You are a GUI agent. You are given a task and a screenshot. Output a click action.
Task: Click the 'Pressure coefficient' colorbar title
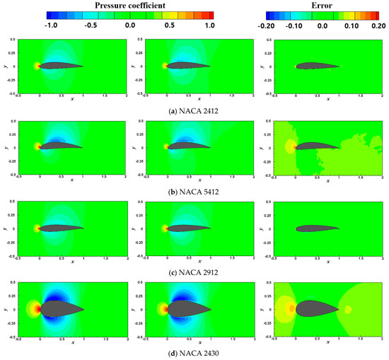tap(129, 4)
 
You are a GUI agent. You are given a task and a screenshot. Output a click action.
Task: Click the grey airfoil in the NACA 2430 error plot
tap(314, 309)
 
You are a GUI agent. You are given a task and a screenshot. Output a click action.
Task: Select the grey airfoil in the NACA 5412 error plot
tap(315, 146)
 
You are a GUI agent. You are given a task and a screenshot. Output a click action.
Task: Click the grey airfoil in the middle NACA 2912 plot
tap(187, 228)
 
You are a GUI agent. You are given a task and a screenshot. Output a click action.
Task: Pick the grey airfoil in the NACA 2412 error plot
tap(314, 66)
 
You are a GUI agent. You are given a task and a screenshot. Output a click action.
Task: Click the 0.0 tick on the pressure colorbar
tap(129, 24)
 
